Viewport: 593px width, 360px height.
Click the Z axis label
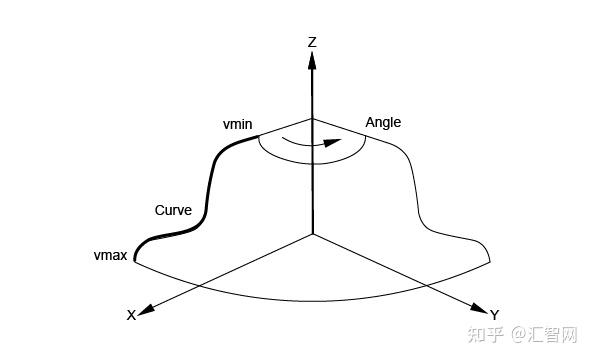[312, 42]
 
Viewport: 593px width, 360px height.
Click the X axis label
[131, 315]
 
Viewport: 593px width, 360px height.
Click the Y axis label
[495, 314]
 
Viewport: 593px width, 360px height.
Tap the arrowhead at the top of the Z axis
[312, 61]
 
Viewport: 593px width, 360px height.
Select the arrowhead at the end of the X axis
[146, 310]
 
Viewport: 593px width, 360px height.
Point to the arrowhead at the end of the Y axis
[479, 308]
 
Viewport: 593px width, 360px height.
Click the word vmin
[238, 124]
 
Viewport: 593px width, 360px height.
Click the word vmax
[110, 255]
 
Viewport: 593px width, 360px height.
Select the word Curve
[173, 210]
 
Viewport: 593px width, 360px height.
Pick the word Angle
[383, 123]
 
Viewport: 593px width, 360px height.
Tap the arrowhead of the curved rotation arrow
[333, 142]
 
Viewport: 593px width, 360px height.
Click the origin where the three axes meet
[313, 234]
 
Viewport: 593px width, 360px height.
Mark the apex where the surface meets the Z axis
[312, 119]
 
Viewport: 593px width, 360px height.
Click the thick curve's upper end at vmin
[259, 136]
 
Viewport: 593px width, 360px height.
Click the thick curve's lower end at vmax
[135, 261]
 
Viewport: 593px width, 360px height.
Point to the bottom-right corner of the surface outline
[490, 262]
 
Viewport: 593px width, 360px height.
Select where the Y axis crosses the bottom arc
[424, 284]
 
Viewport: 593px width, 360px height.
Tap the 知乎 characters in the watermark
[486, 335]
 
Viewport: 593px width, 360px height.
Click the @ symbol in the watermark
[519, 335]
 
